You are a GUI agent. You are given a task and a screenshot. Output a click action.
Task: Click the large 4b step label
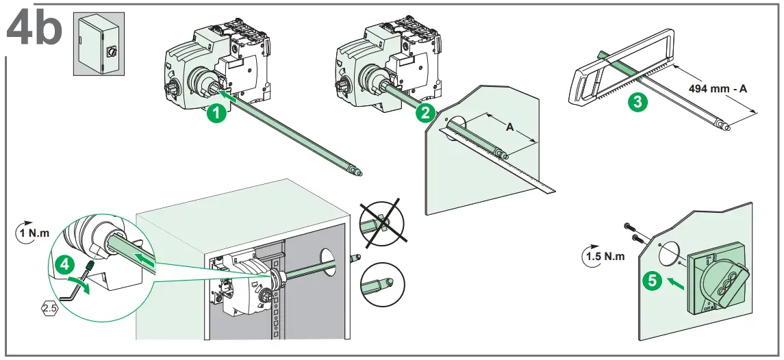(34, 29)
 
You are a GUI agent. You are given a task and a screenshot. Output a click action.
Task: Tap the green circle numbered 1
(217, 114)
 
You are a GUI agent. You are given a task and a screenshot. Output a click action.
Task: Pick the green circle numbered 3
(637, 103)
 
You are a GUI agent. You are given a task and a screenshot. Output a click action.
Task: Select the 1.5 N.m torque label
(604, 257)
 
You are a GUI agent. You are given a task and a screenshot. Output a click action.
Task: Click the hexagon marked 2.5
(49, 309)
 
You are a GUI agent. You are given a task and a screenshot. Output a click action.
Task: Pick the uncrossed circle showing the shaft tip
(381, 283)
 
